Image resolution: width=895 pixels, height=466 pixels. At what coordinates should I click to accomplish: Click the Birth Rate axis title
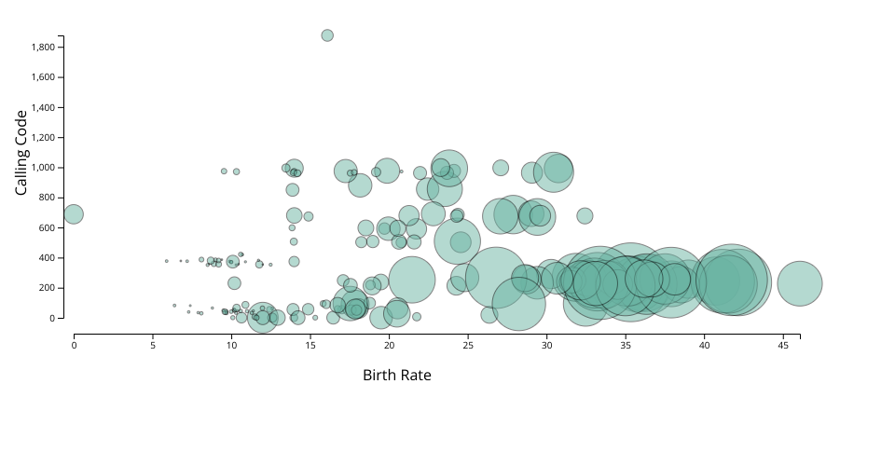[x=396, y=376]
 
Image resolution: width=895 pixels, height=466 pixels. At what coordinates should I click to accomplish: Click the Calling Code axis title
[x=21, y=153]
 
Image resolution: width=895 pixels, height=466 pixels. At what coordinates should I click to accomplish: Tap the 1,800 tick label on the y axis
[x=47, y=48]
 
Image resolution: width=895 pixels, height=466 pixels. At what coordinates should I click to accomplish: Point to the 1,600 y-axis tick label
[x=47, y=77]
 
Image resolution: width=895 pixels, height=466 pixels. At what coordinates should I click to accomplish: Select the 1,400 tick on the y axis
[x=47, y=108]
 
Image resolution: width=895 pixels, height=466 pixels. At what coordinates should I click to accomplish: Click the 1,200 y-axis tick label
[x=47, y=138]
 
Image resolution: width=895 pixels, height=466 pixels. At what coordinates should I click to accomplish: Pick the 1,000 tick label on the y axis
[x=47, y=168]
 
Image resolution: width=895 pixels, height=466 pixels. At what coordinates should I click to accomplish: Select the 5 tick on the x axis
[x=153, y=346]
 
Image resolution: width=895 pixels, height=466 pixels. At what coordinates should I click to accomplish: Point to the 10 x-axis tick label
[x=231, y=346]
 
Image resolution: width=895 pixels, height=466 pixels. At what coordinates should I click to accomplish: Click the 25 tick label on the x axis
[x=468, y=346]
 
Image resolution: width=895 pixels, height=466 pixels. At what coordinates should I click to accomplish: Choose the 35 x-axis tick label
[x=626, y=346]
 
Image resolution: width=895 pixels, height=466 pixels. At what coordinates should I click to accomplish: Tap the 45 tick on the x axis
[x=783, y=346]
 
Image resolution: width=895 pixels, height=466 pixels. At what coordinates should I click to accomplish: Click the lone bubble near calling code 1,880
[x=327, y=35]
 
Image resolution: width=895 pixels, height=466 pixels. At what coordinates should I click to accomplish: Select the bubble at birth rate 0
[x=74, y=214]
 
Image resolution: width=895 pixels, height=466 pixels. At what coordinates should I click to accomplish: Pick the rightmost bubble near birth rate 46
[x=800, y=283]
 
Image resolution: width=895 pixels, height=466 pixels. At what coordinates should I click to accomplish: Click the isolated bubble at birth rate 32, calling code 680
[x=585, y=216]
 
